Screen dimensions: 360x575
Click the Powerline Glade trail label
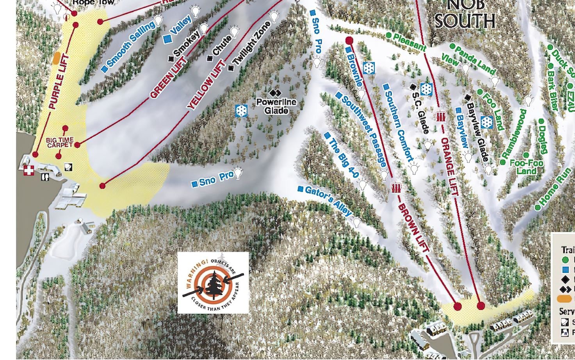(276, 106)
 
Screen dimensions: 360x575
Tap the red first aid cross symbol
(28, 170)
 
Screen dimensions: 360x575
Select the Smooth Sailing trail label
(130, 45)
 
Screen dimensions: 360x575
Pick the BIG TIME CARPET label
(60, 142)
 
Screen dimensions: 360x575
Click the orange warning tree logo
(213, 282)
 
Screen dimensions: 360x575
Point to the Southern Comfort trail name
(398, 126)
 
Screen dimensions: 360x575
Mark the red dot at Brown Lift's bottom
(457, 306)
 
